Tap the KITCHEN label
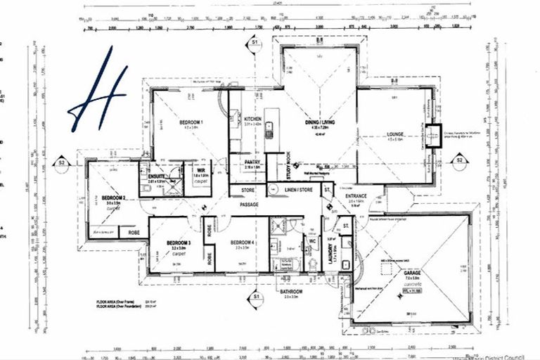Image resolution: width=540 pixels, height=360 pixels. click(x=252, y=120)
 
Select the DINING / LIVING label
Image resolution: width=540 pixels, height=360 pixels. click(x=321, y=122)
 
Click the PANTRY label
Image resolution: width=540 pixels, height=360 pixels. click(x=252, y=162)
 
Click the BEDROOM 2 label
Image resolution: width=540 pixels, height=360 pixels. click(x=113, y=198)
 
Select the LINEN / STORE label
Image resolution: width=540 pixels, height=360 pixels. click(x=294, y=191)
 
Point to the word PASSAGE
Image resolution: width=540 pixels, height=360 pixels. click(x=249, y=205)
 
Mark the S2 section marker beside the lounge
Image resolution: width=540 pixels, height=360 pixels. click(x=458, y=160)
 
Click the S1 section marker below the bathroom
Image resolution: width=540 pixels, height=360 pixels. click(x=254, y=298)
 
